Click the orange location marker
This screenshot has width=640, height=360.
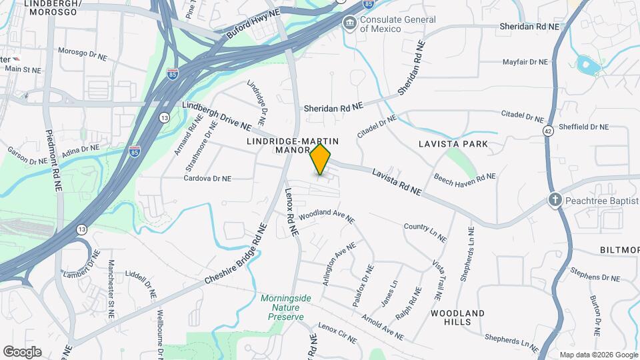coord(321,160)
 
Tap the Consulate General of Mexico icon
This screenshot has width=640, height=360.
coord(349,24)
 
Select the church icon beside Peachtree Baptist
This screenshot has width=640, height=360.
coord(555,199)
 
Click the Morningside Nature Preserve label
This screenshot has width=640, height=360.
coord(285,307)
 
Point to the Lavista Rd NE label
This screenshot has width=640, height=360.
coord(397,182)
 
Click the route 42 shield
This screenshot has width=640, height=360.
coord(547,130)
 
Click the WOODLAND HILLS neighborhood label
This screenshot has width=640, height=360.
coord(457,317)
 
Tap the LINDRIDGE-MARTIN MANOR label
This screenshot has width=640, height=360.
coord(293,145)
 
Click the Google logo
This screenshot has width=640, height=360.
coord(22,352)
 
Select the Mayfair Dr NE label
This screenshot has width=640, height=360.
coord(525,61)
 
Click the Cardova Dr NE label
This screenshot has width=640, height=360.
coord(207,179)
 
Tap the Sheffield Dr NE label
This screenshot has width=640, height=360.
coord(583,127)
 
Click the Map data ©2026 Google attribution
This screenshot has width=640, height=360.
coord(598,355)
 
